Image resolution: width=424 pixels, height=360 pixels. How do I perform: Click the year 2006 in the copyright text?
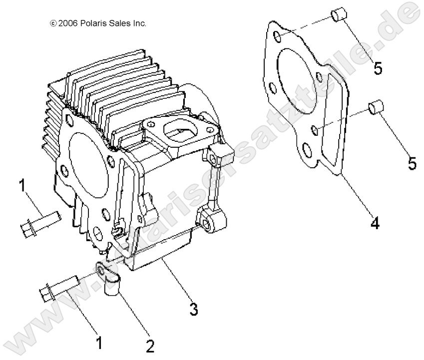click(x=67, y=23)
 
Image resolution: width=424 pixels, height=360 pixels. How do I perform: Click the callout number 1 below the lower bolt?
click(x=98, y=343)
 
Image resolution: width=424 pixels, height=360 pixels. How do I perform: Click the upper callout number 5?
click(x=378, y=67)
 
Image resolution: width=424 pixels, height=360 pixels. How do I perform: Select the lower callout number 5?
click(x=412, y=163)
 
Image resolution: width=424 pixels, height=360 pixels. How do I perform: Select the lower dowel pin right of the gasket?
click(x=375, y=107)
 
